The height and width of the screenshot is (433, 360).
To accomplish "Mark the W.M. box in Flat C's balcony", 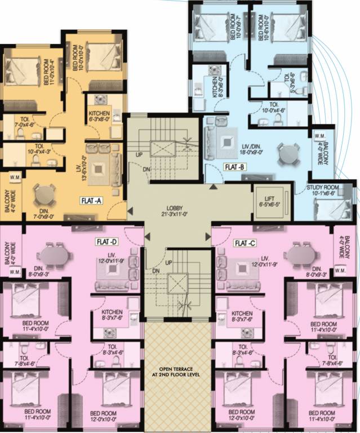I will pos(340,271).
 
